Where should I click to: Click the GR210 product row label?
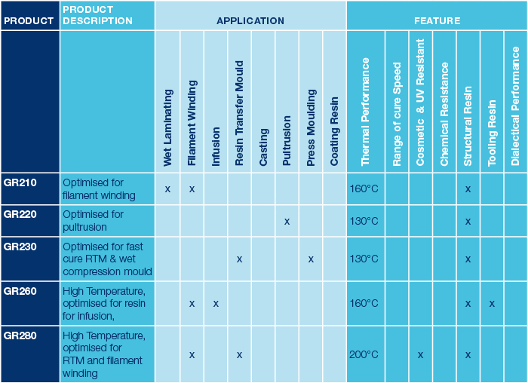20,182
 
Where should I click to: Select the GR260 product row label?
20,290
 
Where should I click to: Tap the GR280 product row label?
20,335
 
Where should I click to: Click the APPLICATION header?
250,21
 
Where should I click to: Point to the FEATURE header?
437,21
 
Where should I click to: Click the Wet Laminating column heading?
167,128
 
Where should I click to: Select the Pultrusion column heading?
287,140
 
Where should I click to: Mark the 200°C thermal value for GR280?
364,354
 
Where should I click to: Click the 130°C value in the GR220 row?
364,221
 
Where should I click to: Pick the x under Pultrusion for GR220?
287,221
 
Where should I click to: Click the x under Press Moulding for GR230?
311,259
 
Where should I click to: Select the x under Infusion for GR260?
216,303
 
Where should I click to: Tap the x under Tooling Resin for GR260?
492,303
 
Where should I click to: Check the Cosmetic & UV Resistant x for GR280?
420,354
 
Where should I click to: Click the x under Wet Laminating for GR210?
167,188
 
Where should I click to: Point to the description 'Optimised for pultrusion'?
94,220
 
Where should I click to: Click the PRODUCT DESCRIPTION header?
98,15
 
